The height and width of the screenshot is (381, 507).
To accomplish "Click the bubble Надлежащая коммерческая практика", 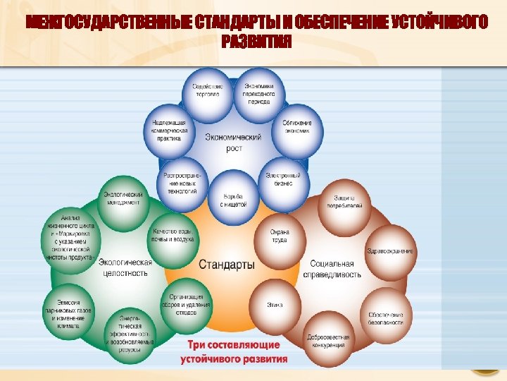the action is click(x=169, y=131).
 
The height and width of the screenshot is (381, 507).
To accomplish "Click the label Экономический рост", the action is click(x=234, y=143).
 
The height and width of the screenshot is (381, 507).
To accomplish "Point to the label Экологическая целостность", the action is click(x=125, y=267).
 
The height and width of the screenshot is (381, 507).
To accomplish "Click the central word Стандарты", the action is click(x=227, y=265).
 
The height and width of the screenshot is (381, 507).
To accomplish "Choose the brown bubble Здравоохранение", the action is click(x=390, y=251).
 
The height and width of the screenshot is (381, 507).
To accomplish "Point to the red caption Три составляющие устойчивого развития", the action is click(x=234, y=352).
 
